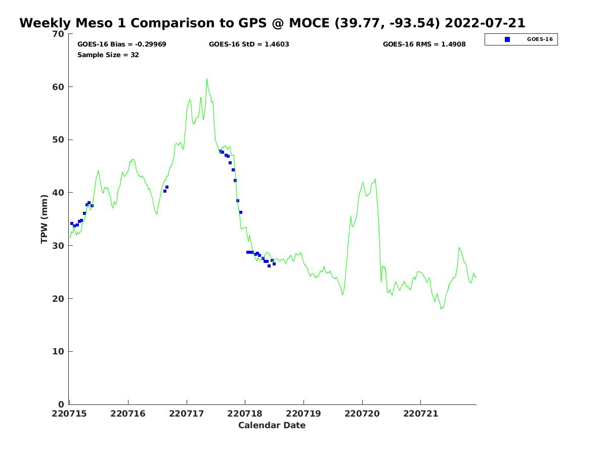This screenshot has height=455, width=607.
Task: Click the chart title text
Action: tap(272, 23)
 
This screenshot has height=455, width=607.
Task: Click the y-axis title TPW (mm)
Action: tap(45, 218)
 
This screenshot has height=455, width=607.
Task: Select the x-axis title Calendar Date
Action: tap(272, 425)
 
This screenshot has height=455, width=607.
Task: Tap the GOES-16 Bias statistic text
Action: tap(121, 44)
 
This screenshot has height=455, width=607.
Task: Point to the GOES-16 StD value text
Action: tap(249, 44)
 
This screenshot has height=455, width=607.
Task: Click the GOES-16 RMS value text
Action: tap(424, 44)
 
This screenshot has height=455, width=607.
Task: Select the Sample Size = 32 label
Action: tap(108, 55)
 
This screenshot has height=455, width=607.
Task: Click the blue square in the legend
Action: tap(507, 39)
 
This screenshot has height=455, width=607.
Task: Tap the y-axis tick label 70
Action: tap(59, 34)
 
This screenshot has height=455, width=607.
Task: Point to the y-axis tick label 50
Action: tap(59, 140)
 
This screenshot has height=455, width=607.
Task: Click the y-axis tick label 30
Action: tap(59, 246)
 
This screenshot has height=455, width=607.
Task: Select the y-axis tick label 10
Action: tap(59, 352)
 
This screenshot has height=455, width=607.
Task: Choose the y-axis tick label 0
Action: tap(61, 404)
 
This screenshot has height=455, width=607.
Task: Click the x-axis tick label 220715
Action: tap(69, 414)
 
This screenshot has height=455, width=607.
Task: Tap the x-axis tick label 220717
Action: tap(187, 414)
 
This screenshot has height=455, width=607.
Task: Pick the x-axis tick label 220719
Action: tap(303, 414)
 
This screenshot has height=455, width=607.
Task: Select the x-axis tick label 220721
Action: tap(420, 414)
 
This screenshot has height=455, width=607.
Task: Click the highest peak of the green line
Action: tap(206, 79)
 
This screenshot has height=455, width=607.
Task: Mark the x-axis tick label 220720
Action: tap(362, 414)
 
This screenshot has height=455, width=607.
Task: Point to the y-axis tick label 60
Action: tap(59, 87)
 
